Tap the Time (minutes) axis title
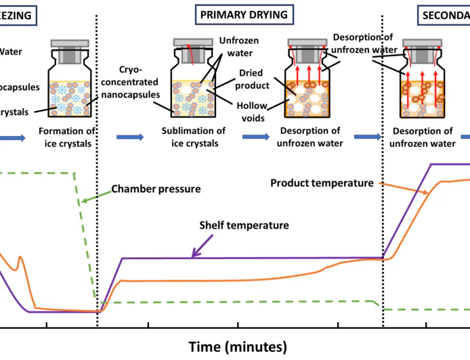click(237, 346)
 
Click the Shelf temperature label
click(244, 225)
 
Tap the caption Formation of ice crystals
click(66, 137)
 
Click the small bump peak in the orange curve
click(20, 258)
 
